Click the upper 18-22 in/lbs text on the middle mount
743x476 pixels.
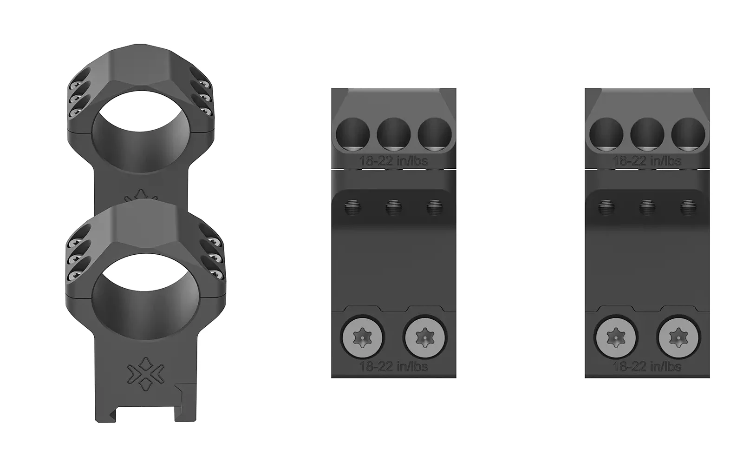394,161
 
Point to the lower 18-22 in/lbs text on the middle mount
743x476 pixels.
394,367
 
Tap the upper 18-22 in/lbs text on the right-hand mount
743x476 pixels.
647,161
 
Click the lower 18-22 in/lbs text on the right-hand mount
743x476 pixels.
647,367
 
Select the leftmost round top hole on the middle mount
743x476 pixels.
352,134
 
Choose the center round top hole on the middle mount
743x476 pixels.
394,134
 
